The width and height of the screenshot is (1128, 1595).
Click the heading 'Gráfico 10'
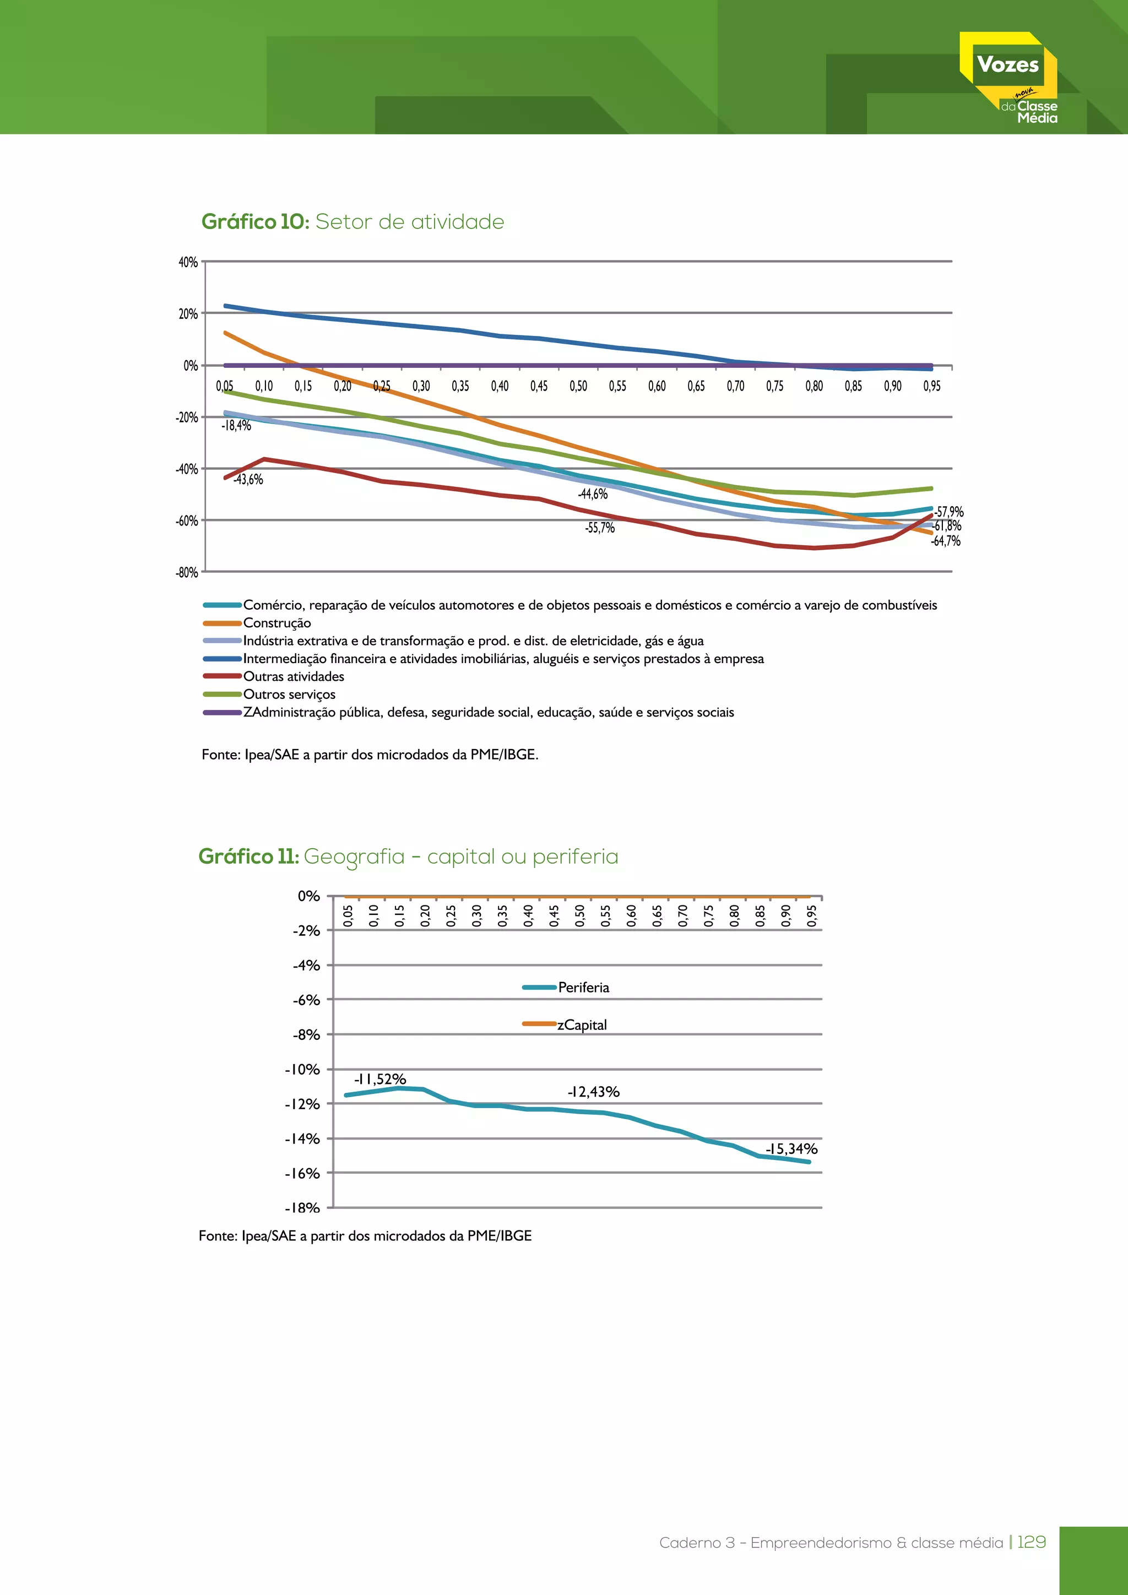click(255, 221)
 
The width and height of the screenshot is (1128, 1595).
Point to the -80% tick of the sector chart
click(187, 572)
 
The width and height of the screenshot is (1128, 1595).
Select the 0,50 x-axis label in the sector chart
click(578, 386)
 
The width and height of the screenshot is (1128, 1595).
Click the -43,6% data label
click(248, 479)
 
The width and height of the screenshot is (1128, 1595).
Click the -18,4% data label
click(236, 426)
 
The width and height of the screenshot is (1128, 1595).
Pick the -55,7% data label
click(599, 528)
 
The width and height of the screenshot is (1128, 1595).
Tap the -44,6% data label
click(593, 494)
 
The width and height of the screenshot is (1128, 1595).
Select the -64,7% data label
click(945, 541)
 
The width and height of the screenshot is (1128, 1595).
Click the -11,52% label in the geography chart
click(379, 1079)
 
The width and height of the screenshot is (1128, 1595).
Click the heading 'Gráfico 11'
click(248, 856)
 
